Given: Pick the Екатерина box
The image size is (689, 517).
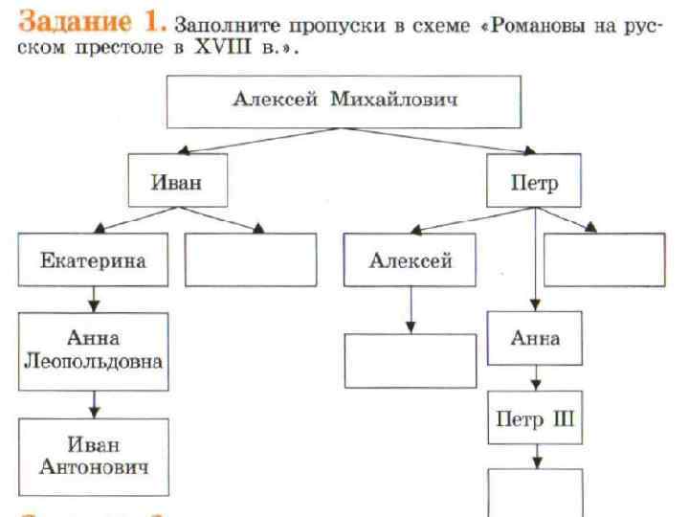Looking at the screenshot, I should [x=93, y=259].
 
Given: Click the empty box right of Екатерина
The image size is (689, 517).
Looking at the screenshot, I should [x=250, y=259].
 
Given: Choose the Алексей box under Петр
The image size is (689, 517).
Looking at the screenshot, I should [x=411, y=259].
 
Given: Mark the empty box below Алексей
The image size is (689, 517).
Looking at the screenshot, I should [x=410, y=360].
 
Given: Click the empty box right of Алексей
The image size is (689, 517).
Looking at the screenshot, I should [x=604, y=259].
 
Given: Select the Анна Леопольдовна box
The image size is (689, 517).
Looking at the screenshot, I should [x=93, y=350].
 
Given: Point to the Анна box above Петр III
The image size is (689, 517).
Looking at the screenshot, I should [x=535, y=339].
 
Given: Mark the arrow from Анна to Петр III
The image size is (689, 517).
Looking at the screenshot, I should [x=535, y=377].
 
